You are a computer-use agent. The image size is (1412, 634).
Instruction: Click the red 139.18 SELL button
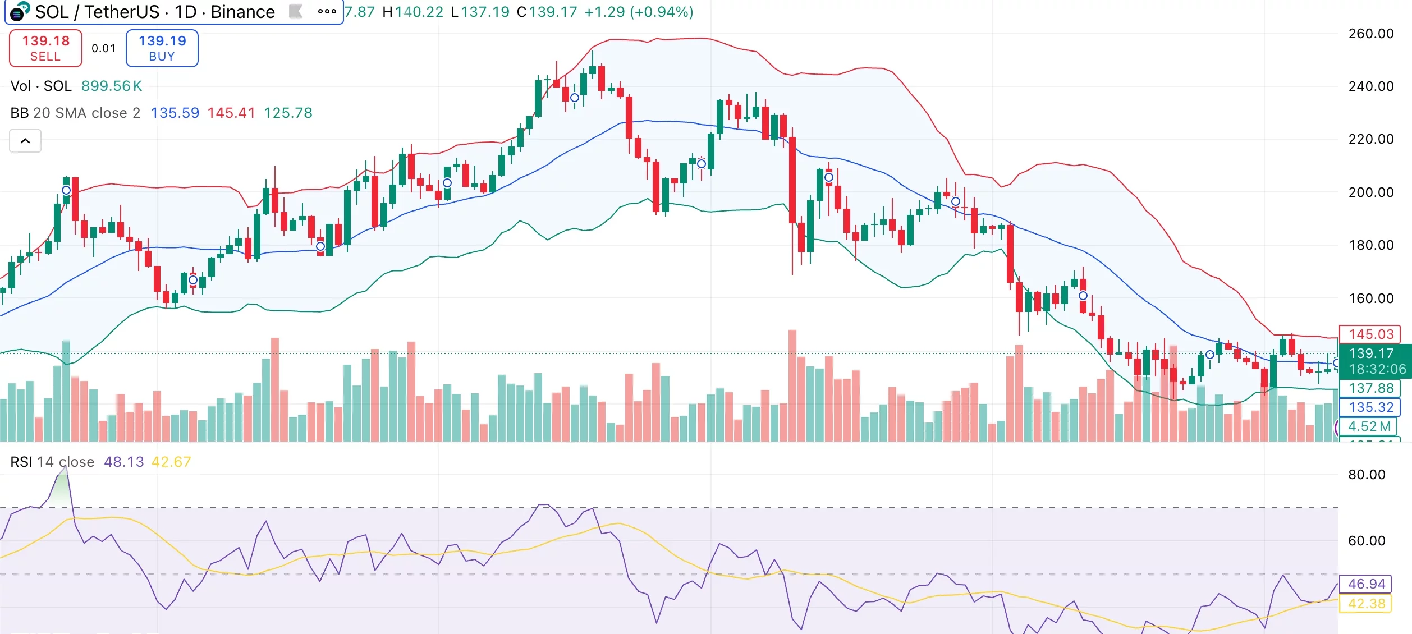click(45, 48)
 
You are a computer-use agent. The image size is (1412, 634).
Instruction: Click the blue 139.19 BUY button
click(162, 48)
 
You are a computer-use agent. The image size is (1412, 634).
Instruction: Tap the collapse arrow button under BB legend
click(25, 141)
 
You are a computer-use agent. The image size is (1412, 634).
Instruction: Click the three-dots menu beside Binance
click(327, 11)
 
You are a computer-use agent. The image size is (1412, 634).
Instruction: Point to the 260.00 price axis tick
click(1370, 34)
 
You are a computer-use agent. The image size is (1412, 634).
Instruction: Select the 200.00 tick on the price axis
click(1370, 192)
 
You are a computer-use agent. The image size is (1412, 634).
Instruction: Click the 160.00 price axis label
click(1370, 298)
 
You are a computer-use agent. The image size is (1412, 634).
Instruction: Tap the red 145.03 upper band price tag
click(1370, 334)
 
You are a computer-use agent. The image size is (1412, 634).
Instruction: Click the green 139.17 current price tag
click(1370, 353)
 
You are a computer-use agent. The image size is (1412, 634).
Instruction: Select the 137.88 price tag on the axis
click(1370, 388)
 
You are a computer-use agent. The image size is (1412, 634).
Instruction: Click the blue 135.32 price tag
click(1370, 407)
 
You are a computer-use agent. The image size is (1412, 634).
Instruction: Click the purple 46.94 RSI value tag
click(1366, 584)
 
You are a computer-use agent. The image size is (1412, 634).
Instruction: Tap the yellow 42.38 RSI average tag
click(1366, 604)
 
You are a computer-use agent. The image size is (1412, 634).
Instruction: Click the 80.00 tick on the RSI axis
click(1366, 475)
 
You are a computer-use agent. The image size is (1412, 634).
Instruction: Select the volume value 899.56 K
click(112, 86)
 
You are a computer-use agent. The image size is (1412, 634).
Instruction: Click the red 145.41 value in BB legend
click(231, 113)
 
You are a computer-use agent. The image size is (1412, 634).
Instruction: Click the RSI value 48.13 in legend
click(123, 462)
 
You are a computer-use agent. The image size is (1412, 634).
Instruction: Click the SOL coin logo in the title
click(19, 12)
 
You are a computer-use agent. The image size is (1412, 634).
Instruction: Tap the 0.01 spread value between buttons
click(104, 49)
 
